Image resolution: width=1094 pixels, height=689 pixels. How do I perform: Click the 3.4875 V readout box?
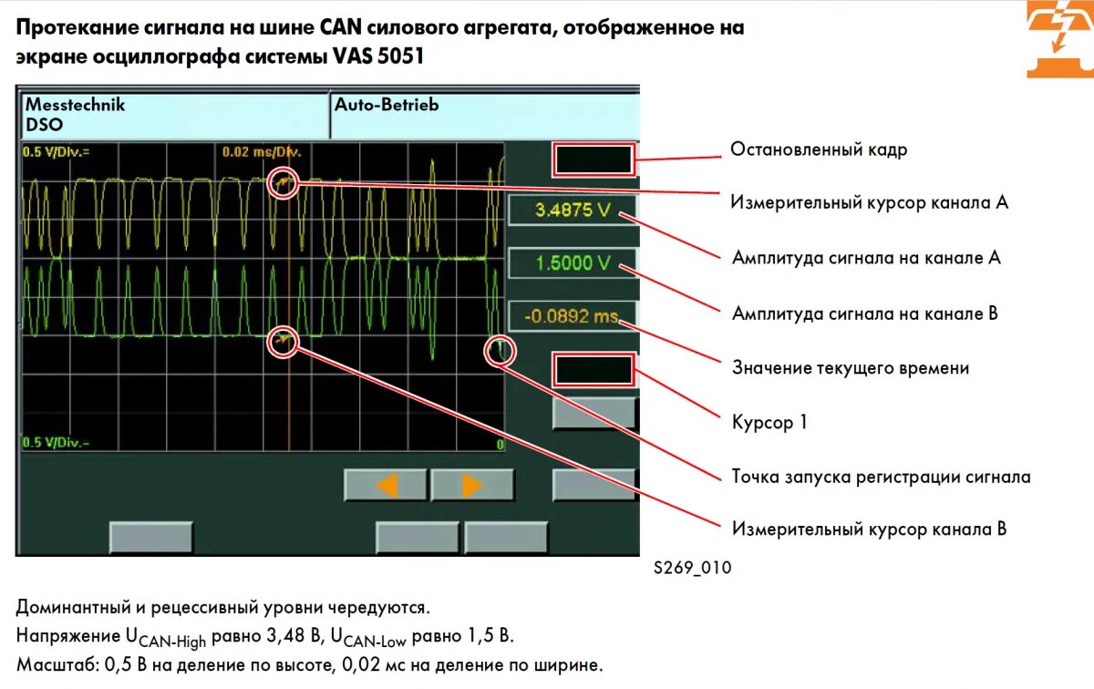[572, 211]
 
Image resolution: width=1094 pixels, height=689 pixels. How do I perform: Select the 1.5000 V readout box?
[572, 263]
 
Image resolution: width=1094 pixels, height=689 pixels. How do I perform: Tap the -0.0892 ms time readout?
[572, 316]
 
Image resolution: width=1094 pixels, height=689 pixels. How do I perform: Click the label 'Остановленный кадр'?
[819, 149]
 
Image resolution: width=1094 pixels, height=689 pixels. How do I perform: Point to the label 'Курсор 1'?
[769, 423]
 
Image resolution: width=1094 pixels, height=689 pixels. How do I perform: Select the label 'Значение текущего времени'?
[851, 368]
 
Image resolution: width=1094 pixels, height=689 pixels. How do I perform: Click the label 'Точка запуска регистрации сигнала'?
[881, 477]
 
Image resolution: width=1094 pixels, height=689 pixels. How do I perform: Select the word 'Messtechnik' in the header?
[75, 105]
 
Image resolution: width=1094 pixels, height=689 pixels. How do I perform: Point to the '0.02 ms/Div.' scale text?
[262, 151]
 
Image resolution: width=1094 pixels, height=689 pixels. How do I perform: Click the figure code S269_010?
[692, 568]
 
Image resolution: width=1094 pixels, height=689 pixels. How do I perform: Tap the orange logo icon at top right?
[1058, 39]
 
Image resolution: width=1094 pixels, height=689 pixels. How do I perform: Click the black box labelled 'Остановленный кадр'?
[593, 159]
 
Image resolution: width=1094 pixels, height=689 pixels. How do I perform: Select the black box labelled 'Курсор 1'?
[593, 370]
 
